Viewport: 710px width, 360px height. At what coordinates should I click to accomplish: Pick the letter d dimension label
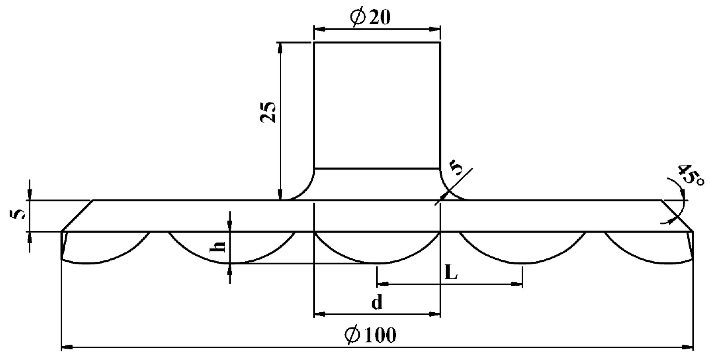pyautogui.click(x=377, y=303)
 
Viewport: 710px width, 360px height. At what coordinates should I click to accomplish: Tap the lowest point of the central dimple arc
pyautogui.click(x=378, y=264)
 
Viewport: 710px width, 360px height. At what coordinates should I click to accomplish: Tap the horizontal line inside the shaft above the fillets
pyautogui.click(x=377, y=168)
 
